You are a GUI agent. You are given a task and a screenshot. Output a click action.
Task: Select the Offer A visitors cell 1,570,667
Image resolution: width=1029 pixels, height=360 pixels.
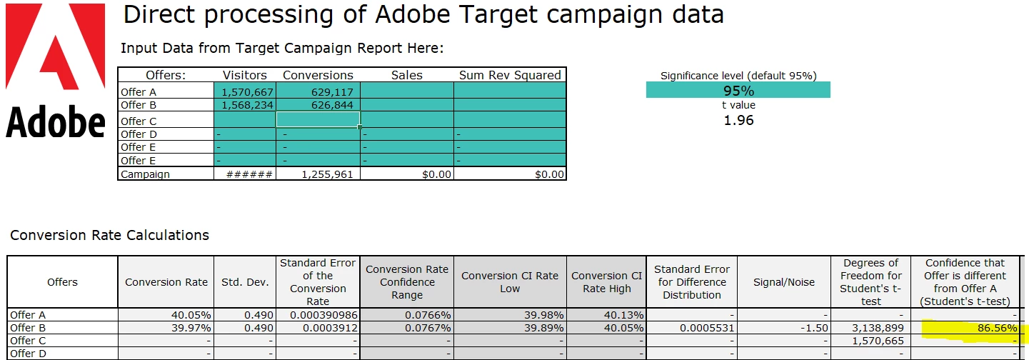pyautogui.click(x=244, y=92)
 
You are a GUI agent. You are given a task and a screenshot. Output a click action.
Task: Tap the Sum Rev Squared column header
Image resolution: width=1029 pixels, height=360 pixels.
pyautogui.click(x=510, y=75)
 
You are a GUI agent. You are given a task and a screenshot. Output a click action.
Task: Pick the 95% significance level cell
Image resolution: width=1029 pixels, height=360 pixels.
pyautogui.click(x=738, y=90)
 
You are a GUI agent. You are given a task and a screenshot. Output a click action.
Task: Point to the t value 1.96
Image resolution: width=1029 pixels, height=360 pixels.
pyautogui.click(x=738, y=120)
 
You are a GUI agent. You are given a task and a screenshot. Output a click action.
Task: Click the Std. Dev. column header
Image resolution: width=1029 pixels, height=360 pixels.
pyautogui.click(x=245, y=282)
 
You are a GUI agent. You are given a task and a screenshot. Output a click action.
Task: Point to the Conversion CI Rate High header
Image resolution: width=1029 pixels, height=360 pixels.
pyautogui.click(x=607, y=282)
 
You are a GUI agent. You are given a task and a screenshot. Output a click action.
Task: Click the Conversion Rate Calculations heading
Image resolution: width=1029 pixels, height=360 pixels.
pyautogui.click(x=109, y=235)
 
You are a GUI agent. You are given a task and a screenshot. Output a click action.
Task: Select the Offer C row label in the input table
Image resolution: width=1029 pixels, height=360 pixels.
pyautogui.click(x=139, y=121)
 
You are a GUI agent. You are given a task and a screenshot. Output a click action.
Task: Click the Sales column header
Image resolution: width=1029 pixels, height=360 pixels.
pyautogui.click(x=406, y=75)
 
